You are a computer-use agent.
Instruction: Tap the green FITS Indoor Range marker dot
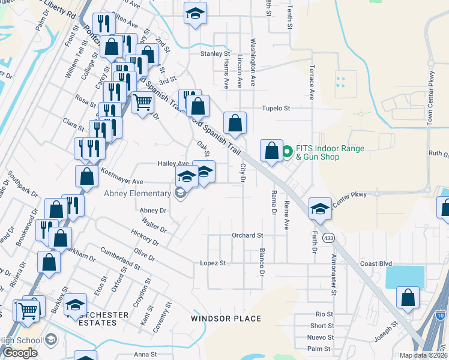click(287, 151)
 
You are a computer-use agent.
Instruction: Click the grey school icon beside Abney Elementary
click(179, 193)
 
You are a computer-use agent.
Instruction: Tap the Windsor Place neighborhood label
click(226, 319)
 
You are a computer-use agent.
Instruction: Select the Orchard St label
click(247, 235)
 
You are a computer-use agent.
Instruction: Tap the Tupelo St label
click(276, 109)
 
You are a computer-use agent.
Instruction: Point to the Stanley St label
click(215, 53)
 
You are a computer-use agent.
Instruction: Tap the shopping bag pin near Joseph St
click(408, 296)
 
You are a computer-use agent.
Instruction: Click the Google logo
click(20, 353)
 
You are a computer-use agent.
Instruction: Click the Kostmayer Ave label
click(121, 181)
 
